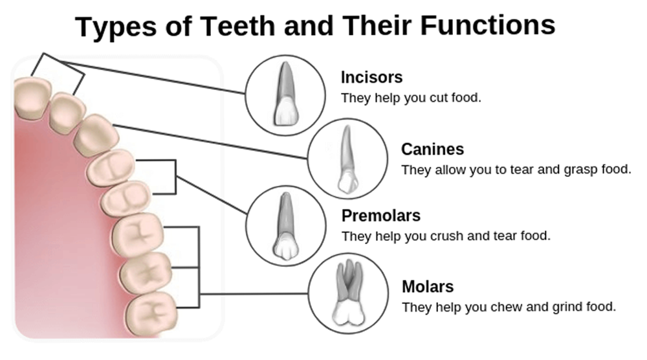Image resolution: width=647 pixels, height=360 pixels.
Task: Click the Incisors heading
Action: click(371, 78)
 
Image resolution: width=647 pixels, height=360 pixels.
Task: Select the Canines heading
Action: click(432, 150)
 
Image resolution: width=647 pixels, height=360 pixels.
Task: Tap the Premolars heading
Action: click(380, 216)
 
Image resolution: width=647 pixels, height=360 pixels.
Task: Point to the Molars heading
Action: click(428, 286)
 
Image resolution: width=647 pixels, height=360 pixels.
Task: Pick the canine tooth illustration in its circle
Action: click(345, 159)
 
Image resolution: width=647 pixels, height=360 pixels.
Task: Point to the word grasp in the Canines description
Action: click(561, 170)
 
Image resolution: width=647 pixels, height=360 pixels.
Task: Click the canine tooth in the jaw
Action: click(96, 134)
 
